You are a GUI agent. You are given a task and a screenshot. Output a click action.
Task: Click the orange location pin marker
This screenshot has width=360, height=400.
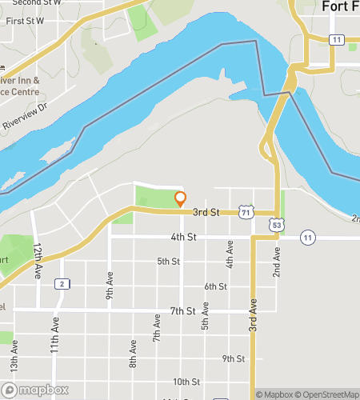click(x=181, y=198)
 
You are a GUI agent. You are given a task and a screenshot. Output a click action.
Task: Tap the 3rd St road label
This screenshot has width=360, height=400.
click(x=206, y=212)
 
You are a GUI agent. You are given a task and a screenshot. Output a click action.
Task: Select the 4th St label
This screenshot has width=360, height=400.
click(x=183, y=237)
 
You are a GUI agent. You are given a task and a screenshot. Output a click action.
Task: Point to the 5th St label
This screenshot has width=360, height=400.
click(x=168, y=261)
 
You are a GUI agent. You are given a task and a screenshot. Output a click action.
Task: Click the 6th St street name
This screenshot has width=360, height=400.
click(x=215, y=286)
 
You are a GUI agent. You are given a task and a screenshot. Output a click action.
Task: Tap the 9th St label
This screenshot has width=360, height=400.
click(x=233, y=358)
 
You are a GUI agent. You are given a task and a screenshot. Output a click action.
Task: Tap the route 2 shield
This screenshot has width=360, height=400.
click(x=61, y=284)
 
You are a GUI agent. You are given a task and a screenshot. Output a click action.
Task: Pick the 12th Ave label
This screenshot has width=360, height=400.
click(x=38, y=263)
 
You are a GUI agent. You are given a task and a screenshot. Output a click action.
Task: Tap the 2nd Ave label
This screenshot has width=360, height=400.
click(x=277, y=262)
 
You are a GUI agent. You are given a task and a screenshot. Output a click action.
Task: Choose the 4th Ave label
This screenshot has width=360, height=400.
click(x=230, y=254)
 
